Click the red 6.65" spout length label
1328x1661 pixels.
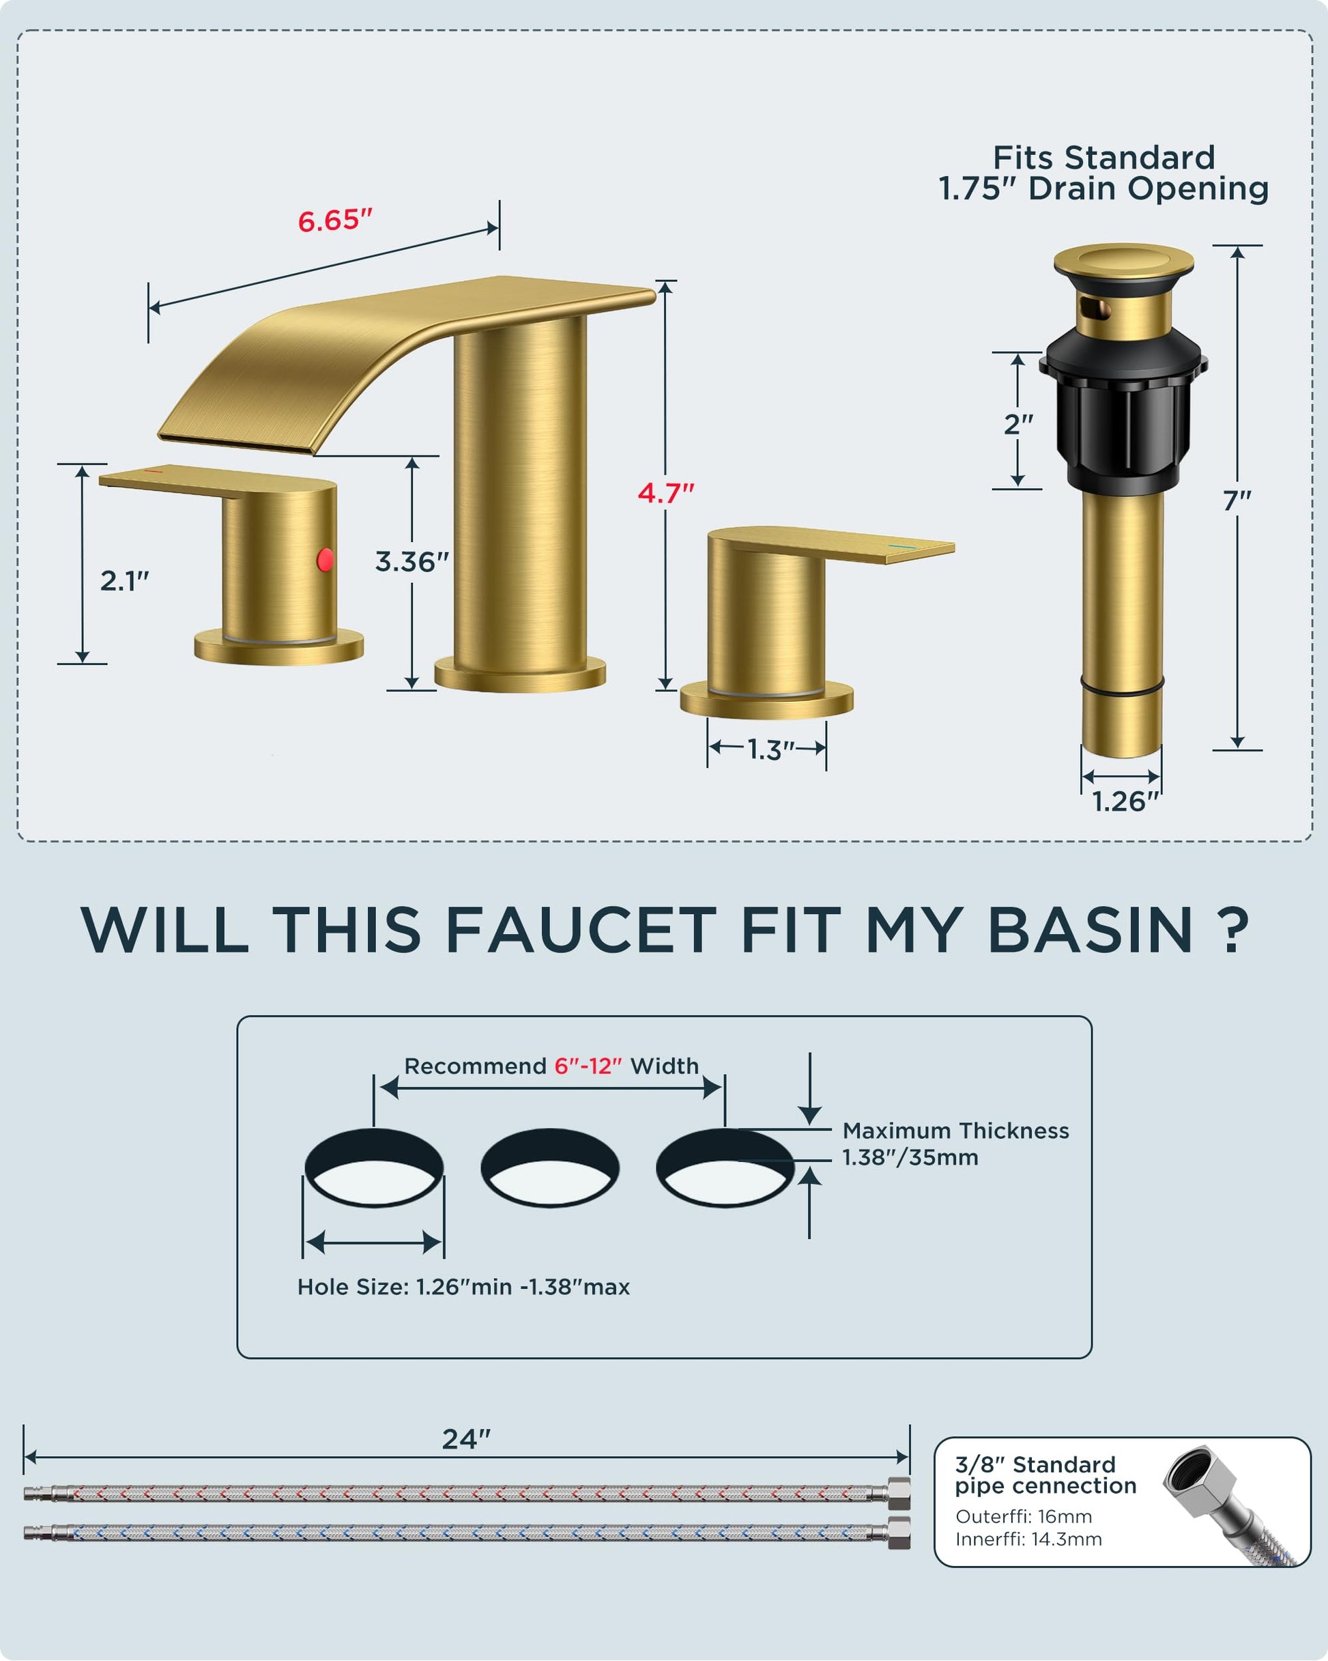[x=335, y=221]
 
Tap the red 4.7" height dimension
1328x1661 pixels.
[x=666, y=493]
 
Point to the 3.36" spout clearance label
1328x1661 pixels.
[x=412, y=562]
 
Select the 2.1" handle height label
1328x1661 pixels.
[x=125, y=581]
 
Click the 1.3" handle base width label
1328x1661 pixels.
[x=771, y=750]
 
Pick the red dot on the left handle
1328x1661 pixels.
[x=326, y=559]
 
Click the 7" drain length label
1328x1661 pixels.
[x=1237, y=501]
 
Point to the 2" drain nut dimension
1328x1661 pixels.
[x=1018, y=424]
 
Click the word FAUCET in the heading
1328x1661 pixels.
[x=581, y=930]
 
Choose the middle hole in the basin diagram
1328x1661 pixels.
[x=549, y=1167]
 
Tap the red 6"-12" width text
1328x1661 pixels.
[x=588, y=1066]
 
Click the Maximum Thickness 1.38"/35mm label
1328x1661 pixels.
[x=955, y=1144]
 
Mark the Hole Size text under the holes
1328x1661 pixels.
[x=463, y=1288]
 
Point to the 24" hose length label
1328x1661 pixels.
[x=466, y=1439]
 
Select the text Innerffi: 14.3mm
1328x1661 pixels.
[x=1028, y=1539]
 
